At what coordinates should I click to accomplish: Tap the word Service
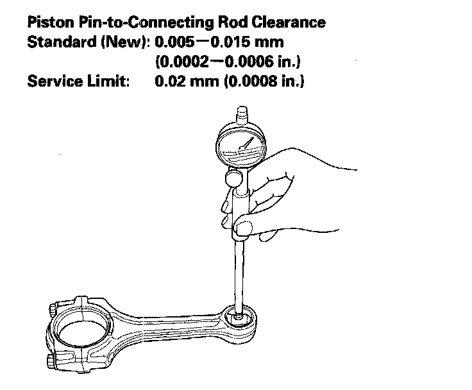[52, 83]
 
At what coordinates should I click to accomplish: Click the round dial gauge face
[241, 144]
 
